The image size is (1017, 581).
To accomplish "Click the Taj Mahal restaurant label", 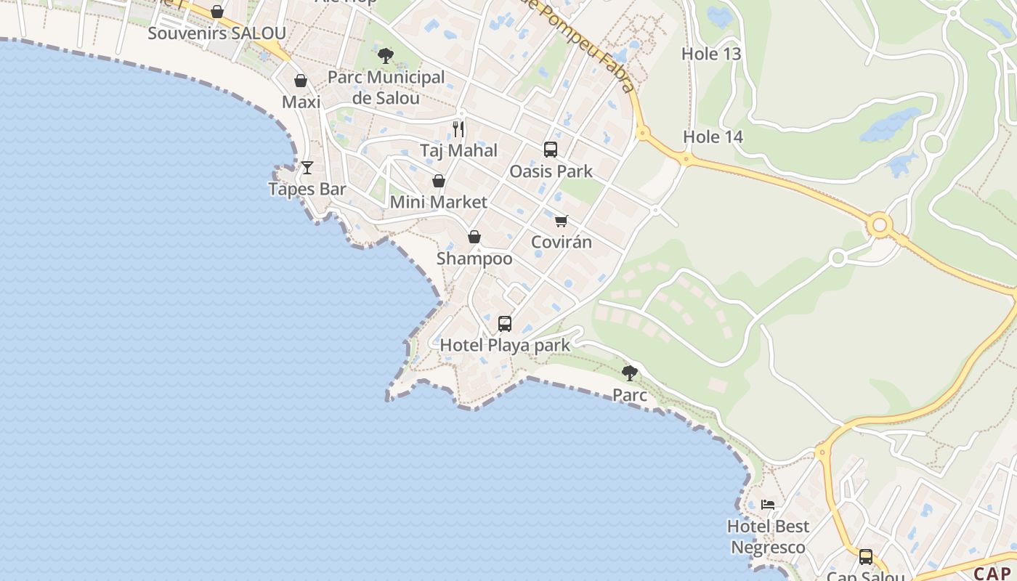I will pos(458,150).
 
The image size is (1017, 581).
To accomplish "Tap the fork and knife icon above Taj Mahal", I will pos(458,129).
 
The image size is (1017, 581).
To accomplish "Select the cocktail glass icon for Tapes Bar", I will pos(307,168).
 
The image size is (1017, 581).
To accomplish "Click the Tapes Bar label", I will pos(307,189).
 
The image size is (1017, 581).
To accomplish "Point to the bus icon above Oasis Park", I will pos(551,150).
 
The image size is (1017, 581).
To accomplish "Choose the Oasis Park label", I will pos(551,171).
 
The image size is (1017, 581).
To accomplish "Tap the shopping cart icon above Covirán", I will pos(561,221).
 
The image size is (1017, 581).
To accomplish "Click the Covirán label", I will pos(562,242).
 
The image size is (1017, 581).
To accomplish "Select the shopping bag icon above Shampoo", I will pos(474,237).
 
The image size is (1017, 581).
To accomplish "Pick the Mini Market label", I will pos(438,202).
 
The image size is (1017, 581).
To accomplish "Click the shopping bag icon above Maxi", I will pos(301,81).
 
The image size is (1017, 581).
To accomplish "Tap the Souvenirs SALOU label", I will pos(216,33).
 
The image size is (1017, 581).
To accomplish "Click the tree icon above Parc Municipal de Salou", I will pos(386,55).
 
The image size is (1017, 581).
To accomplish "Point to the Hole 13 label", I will pos(711,54).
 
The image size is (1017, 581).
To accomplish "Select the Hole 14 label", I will pos(713,137).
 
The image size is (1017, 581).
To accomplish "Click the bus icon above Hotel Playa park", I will pos(505,324).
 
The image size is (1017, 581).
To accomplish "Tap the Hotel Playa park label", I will pos(505,345).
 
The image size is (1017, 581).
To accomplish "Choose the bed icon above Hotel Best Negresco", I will pos(768,504).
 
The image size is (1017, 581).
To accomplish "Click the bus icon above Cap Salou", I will pos(866,557).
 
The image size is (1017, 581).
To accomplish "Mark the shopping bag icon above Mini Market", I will pos(439,181).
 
